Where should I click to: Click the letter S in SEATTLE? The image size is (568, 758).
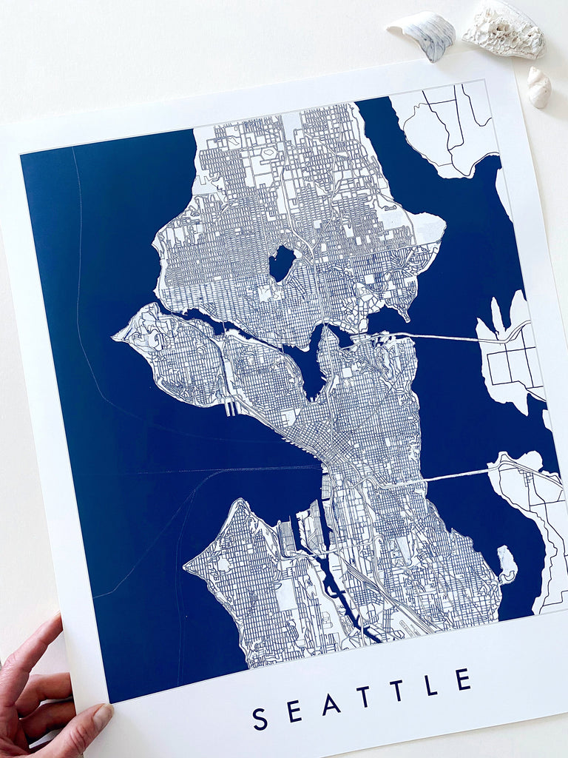coord(259,719)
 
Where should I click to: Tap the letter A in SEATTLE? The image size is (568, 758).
coord(331,704)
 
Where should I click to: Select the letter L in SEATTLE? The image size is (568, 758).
coord(430,685)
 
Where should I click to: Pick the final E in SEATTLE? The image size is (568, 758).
coord(463,679)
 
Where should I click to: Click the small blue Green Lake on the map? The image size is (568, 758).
coord(281,264)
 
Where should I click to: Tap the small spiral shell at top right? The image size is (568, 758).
coord(538,87)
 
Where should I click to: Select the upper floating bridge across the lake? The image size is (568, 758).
coord(444,338)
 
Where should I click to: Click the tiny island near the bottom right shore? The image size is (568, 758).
coord(507,564)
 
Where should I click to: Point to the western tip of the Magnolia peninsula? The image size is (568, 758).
coord(117,338)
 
